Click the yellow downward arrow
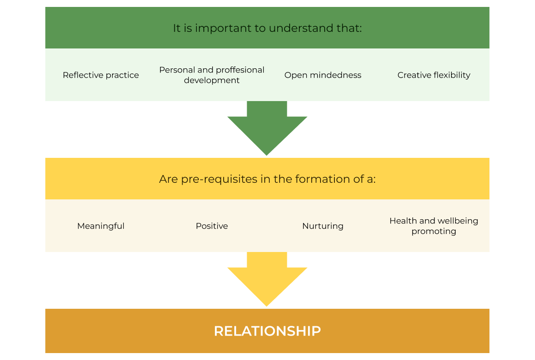click(267, 279)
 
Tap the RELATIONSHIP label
click(267, 331)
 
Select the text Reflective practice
click(101, 75)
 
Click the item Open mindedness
click(323, 75)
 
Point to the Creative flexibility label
click(434, 75)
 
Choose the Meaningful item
click(101, 226)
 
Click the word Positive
click(212, 226)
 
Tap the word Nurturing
click(323, 226)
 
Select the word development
click(212, 80)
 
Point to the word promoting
click(434, 231)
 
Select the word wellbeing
click(456, 221)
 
